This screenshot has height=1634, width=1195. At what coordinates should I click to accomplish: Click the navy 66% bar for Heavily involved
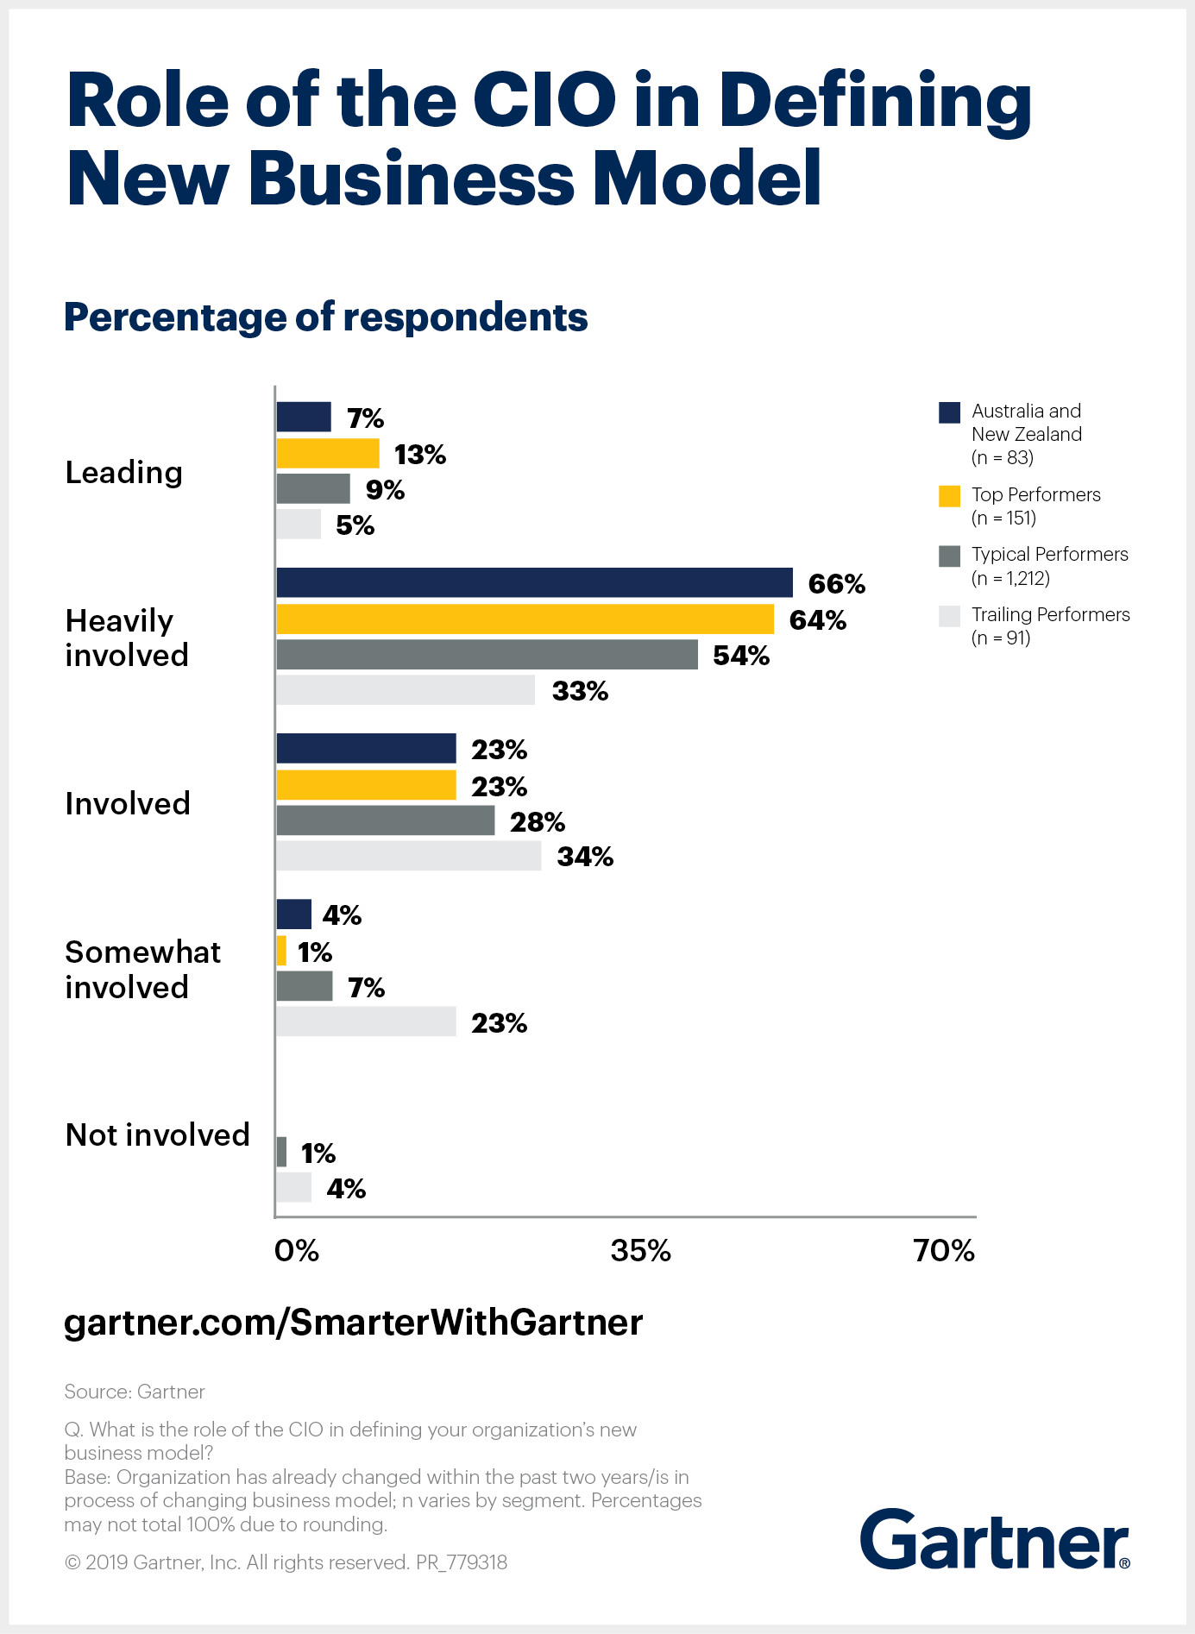pos(534,582)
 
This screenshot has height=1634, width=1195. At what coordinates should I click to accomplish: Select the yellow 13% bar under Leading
pos(328,453)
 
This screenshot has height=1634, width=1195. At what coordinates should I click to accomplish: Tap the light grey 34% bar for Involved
pos(409,856)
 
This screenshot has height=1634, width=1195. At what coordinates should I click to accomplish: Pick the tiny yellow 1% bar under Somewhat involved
pos(281,951)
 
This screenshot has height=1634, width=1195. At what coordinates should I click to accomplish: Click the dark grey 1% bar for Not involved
pos(281,1152)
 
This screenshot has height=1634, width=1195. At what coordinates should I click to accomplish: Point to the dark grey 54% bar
pos(487,654)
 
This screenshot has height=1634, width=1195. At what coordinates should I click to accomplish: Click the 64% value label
pos(817,620)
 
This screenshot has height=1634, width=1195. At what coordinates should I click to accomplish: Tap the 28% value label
pos(537,821)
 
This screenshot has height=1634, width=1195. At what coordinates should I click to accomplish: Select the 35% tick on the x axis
pos(640,1250)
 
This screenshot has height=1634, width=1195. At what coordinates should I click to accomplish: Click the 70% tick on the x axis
pos(944,1250)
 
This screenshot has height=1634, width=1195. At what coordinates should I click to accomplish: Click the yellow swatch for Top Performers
pos(949,496)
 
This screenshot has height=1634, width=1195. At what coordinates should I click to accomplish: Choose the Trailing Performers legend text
pos(1050,615)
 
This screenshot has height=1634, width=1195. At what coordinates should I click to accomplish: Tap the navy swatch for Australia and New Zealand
pos(949,412)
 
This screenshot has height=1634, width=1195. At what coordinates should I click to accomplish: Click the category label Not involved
pos(158,1134)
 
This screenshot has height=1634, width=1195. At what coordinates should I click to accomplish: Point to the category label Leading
pos(124,473)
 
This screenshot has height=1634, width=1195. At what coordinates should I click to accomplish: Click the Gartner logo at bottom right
pos(994,1540)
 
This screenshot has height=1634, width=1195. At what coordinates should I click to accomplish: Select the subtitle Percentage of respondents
pos(326,317)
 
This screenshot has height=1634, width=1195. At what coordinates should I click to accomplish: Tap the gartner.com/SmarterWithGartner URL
pos(354,1322)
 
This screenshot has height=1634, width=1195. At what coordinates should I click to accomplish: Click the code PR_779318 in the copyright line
pos(462,1562)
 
